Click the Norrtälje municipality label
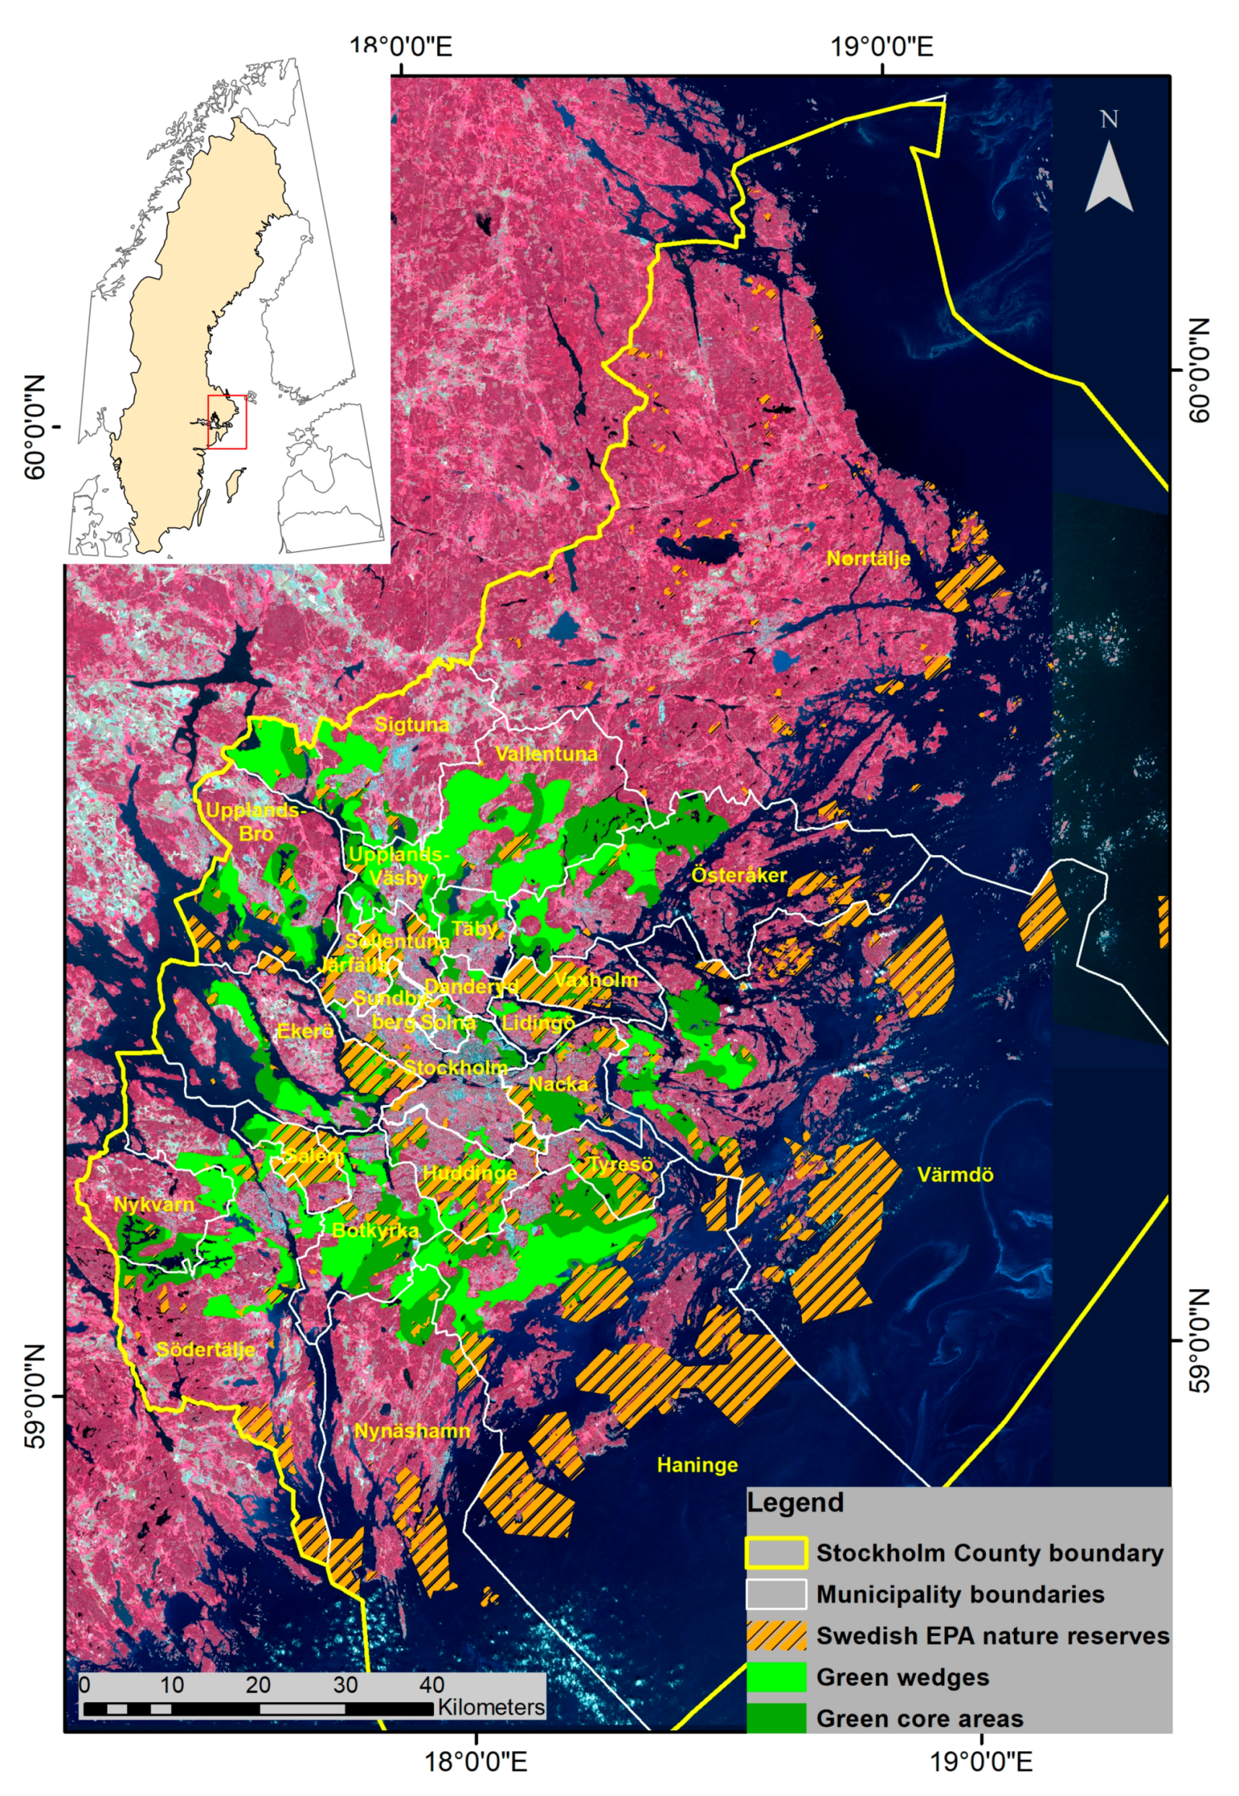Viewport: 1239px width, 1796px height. pos(868,558)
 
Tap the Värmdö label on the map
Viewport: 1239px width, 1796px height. pos(955,1175)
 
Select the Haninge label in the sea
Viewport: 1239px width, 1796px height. pos(697,1464)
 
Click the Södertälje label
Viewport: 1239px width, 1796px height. pos(206,1350)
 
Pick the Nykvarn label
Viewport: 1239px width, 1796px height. pos(154,1206)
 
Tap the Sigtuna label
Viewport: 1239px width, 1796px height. pos(412,725)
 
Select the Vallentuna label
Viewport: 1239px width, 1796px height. pos(547,753)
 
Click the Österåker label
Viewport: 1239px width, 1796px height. pos(739,875)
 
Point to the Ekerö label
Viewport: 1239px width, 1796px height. pos(305,1031)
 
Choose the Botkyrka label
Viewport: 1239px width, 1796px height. pos(375,1230)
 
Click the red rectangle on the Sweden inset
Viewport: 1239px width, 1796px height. pos(226,422)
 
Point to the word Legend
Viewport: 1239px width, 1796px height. pos(795,1503)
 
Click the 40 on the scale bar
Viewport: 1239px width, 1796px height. pos(432,1685)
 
